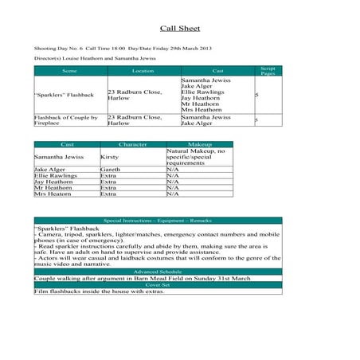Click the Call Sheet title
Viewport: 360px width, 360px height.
[179, 28]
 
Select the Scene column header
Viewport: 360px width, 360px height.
[69, 71]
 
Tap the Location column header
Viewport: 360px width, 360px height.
[143, 71]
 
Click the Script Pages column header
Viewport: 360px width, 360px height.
[268, 71]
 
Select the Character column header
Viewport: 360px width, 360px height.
[132, 144]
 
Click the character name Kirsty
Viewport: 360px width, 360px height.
[109, 158]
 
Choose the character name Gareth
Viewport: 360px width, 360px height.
[110, 170]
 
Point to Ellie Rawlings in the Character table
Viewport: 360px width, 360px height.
[53, 176]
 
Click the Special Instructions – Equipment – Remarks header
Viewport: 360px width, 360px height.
[158, 220]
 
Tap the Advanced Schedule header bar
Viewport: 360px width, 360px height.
[158, 272]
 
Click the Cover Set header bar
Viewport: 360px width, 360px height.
[158, 284]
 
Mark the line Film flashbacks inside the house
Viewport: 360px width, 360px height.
[99, 292]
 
